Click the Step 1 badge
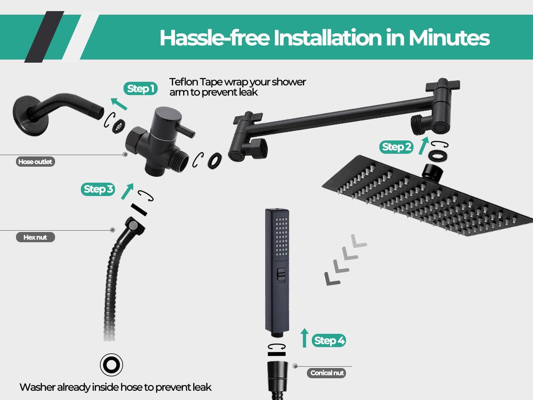click(140, 88)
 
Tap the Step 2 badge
click(396, 147)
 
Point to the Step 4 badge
click(329, 340)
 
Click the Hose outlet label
click(35, 162)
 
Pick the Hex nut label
click(35, 237)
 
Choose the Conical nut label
click(327, 373)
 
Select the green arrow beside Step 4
click(304, 338)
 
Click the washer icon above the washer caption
click(111, 365)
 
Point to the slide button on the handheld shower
click(280, 276)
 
